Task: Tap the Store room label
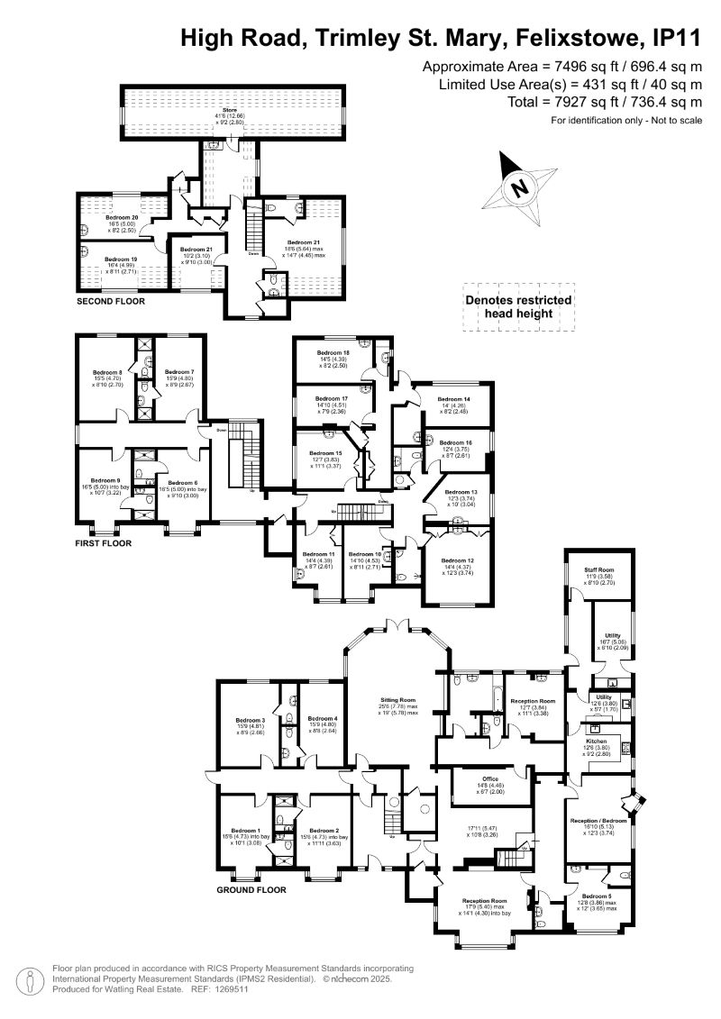[230, 110]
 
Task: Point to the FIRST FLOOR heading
[104, 543]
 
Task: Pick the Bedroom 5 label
[596, 896]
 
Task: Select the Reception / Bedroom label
[600, 821]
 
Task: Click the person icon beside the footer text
[30, 978]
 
